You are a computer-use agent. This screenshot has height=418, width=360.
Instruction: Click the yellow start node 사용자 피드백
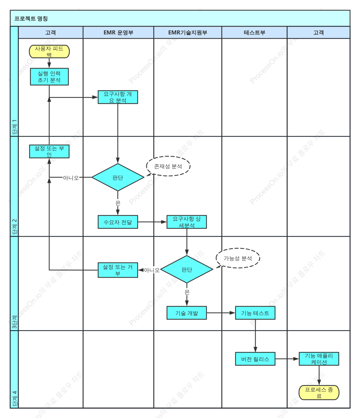(x=49, y=52)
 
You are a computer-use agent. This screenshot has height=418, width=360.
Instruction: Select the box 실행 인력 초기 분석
(x=49, y=77)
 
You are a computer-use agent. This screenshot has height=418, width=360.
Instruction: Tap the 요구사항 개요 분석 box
(x=118, y=97)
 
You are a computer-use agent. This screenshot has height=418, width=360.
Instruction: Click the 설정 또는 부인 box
(x=49, y=151)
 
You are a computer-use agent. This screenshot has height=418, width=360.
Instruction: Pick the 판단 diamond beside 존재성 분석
(x=118, y=177)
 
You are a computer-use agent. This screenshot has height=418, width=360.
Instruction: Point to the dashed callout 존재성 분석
(x=168, y=166)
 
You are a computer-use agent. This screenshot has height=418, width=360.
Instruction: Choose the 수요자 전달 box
(x=118, y=222)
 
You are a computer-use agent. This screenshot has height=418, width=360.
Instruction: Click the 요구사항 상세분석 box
(x=187, y=222)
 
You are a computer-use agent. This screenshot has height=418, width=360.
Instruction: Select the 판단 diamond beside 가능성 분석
(x=187, y=269)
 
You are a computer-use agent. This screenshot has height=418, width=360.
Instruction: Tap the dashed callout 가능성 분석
(x=238, y=258)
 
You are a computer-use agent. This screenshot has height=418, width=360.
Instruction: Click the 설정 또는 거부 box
(x=118, y=270)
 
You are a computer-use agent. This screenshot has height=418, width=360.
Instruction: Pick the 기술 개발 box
(x=187, y=313)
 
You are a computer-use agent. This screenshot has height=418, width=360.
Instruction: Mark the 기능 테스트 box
(x=255, y=313)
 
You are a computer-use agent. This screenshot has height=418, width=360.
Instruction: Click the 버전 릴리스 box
(x=255, y=359)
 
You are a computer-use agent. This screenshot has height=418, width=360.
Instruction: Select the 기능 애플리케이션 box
(x=319, y=359)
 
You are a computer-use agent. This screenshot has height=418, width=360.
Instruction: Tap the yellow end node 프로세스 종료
(x=319, y=393)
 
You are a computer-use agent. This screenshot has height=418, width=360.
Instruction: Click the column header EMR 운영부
(x=119, y=33)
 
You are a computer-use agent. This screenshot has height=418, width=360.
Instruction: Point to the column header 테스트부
(x=255, y=33)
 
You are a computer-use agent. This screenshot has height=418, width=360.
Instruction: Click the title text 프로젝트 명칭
(x=31, y=19)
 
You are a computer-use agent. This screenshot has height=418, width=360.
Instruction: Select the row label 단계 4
(x=15, y=399)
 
